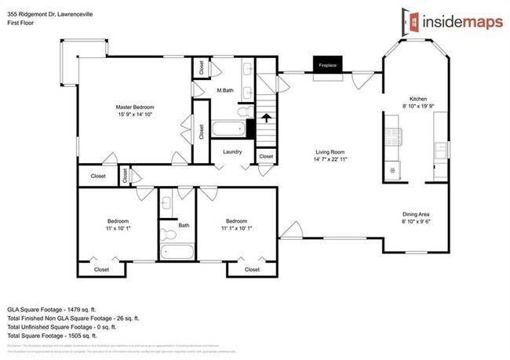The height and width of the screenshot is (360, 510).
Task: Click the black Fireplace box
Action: coord(327,65)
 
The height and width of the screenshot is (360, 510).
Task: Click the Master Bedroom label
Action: coord(135,107)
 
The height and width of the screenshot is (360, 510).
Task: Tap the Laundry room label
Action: coord(231,151)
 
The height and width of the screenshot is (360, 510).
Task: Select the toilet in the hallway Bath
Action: coord(167,233)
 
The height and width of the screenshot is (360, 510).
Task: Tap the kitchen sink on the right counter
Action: coord(441,148)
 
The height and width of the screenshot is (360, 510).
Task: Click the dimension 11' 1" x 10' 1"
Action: coord(235,228)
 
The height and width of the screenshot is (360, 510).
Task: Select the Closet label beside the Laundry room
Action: coord(266,157)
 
